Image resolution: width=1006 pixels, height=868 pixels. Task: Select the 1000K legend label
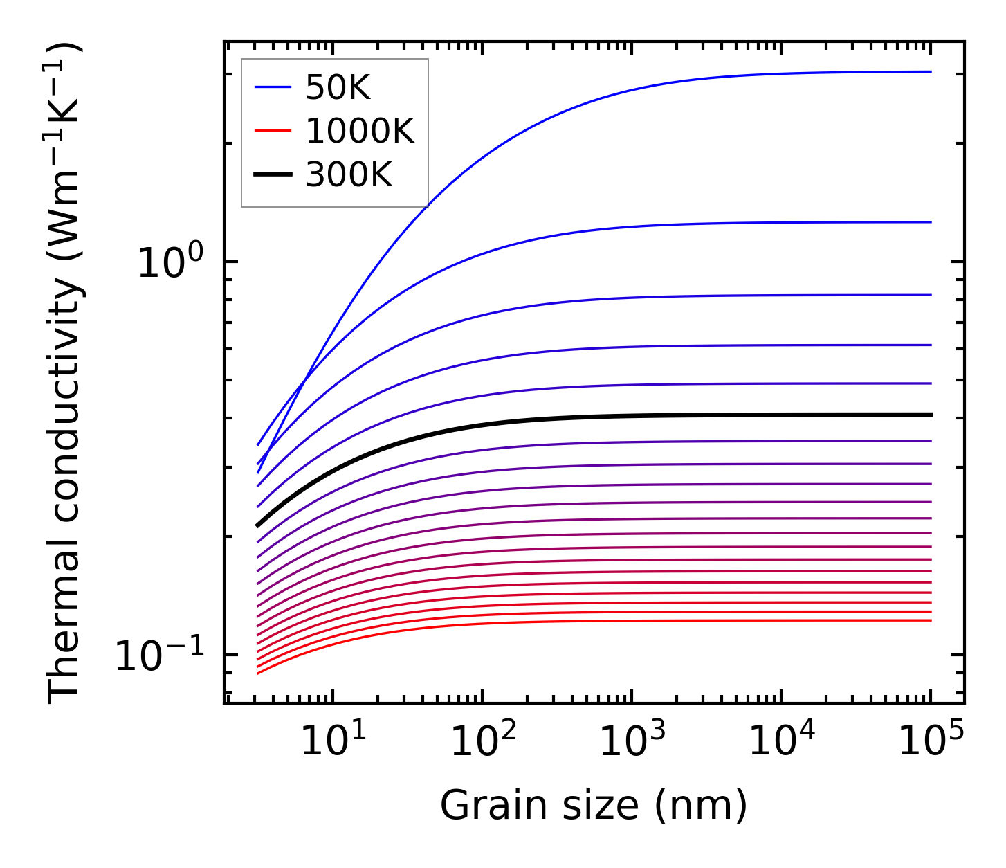click(359, 131)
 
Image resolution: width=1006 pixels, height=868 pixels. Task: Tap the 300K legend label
click(348, 175)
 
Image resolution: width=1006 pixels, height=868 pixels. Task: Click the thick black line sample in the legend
click(273, 175)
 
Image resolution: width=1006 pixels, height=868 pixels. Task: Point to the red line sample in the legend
click(273, 131)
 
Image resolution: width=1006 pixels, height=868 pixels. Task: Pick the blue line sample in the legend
click(273, 87)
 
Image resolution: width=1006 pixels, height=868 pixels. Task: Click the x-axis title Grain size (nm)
click(594, 806)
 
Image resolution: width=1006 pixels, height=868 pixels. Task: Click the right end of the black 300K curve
click(931, 415)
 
